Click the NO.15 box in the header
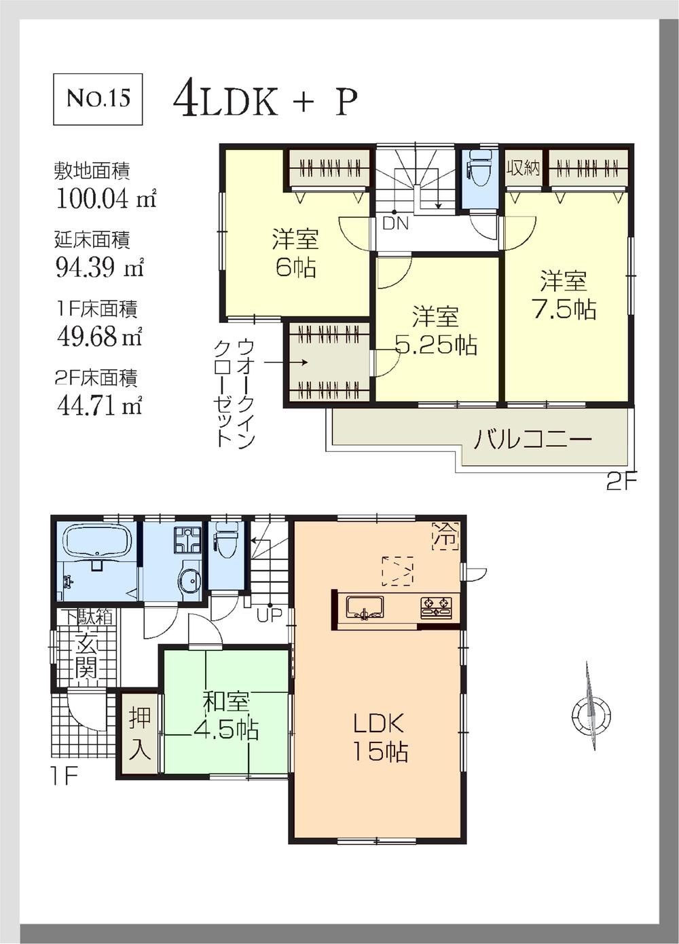click(98, 99)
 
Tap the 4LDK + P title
click(265, 102)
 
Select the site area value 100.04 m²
click(105, 199)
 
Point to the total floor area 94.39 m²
click(99, 267)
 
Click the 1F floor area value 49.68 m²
click(99, 336)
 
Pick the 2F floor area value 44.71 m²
click(99, 405)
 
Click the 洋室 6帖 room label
click(295, 253)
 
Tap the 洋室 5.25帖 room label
click(436, 331)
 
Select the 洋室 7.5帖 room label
click(564, 295)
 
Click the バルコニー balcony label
click(532, 439)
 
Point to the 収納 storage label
click(524, 168)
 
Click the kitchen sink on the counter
click(365, 607)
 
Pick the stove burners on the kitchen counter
click(436, 607)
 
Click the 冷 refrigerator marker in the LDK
click(445, 535)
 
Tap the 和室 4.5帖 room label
click(226, 715)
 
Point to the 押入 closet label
click(140, 733)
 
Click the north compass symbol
click(590, 713)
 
